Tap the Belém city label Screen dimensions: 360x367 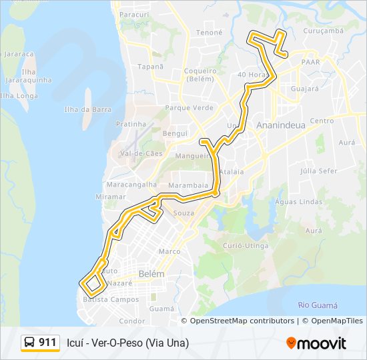point(151,274)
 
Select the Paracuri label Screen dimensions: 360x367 point(133,14)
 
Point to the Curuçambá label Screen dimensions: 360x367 point(323,31)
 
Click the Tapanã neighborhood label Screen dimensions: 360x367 point(150,67)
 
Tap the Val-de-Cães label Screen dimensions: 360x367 point(140,153)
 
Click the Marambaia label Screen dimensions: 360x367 point(189,185)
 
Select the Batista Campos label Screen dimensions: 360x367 point(111,300)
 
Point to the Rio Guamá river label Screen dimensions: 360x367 point(318,305)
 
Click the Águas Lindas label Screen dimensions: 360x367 point(298,201)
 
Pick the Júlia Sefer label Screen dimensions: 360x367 point(319,171)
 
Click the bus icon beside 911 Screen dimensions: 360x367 point(30,343)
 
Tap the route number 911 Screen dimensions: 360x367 point(47,343)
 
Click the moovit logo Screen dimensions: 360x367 point(316,343)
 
